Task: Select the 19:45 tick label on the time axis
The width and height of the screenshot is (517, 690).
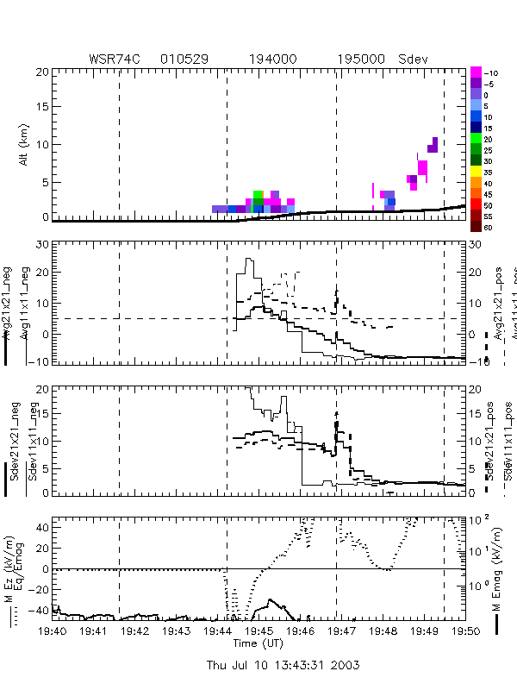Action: tap(258, 631)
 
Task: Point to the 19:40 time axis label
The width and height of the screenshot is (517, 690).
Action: tap(53, 631)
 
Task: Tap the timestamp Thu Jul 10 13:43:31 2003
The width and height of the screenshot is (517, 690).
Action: tap(283, 665)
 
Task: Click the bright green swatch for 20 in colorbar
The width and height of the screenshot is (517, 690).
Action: tap(476, 138)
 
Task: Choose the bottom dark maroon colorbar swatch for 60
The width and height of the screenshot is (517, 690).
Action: tap(476, 227)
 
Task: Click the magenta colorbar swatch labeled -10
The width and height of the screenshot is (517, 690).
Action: tap(476, 72)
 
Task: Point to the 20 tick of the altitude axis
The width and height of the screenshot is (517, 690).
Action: tap(43, 72)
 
